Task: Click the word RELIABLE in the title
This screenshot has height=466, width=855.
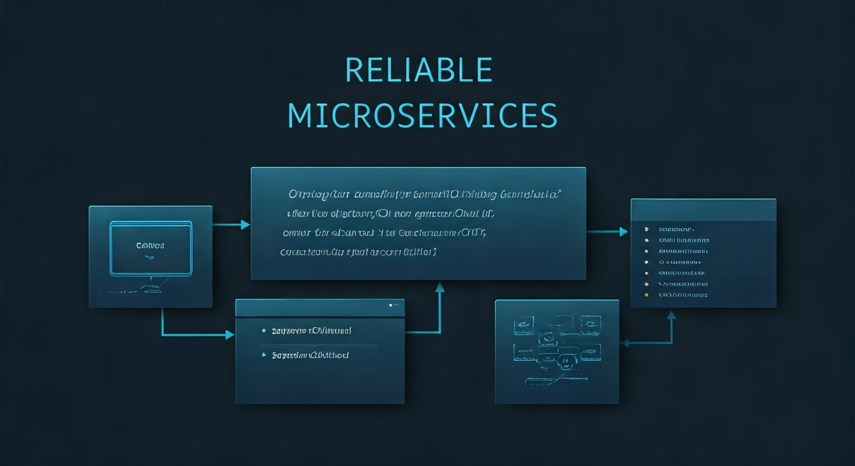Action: click(418, 70)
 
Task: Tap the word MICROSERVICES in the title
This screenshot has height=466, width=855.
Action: click(422, 115)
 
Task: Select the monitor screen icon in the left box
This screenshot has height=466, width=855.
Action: click(151, 248)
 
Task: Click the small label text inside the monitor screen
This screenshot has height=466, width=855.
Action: click(151, 246)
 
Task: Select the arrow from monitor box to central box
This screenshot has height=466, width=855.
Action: click(231, 225)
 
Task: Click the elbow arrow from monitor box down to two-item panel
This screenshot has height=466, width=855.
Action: click(182, 334)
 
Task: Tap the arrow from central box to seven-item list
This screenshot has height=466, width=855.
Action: click(607, 231)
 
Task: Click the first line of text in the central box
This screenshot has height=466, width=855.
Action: click(424, 195)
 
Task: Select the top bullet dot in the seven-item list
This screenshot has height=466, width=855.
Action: click(646, 229)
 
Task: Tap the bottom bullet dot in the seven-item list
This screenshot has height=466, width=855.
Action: click(646, 295)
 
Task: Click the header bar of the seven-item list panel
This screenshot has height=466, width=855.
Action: click(703, 209)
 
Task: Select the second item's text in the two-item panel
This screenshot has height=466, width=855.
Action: click(310, 355)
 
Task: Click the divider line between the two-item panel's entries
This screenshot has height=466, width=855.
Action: click(319, 345)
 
